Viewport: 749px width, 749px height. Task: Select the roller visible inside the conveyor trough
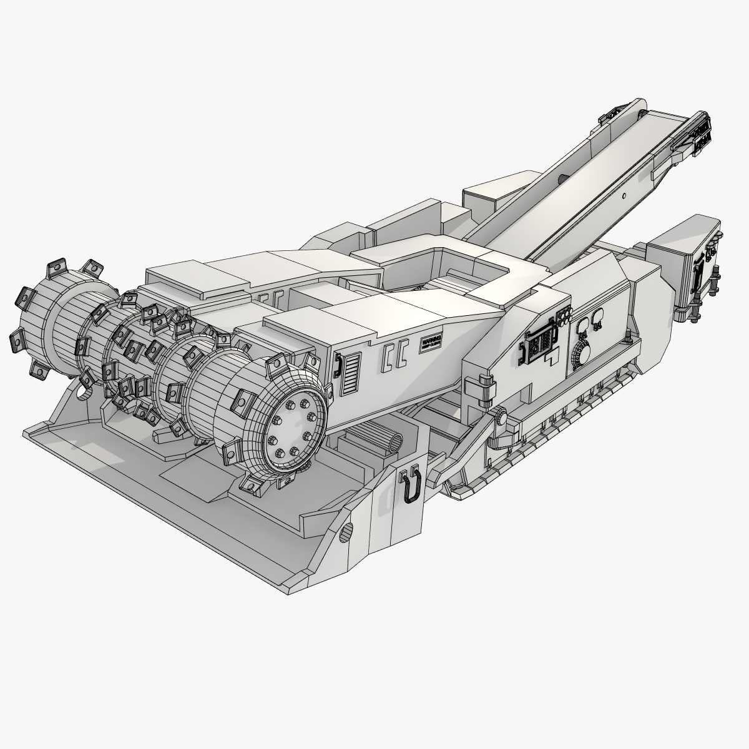562,179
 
